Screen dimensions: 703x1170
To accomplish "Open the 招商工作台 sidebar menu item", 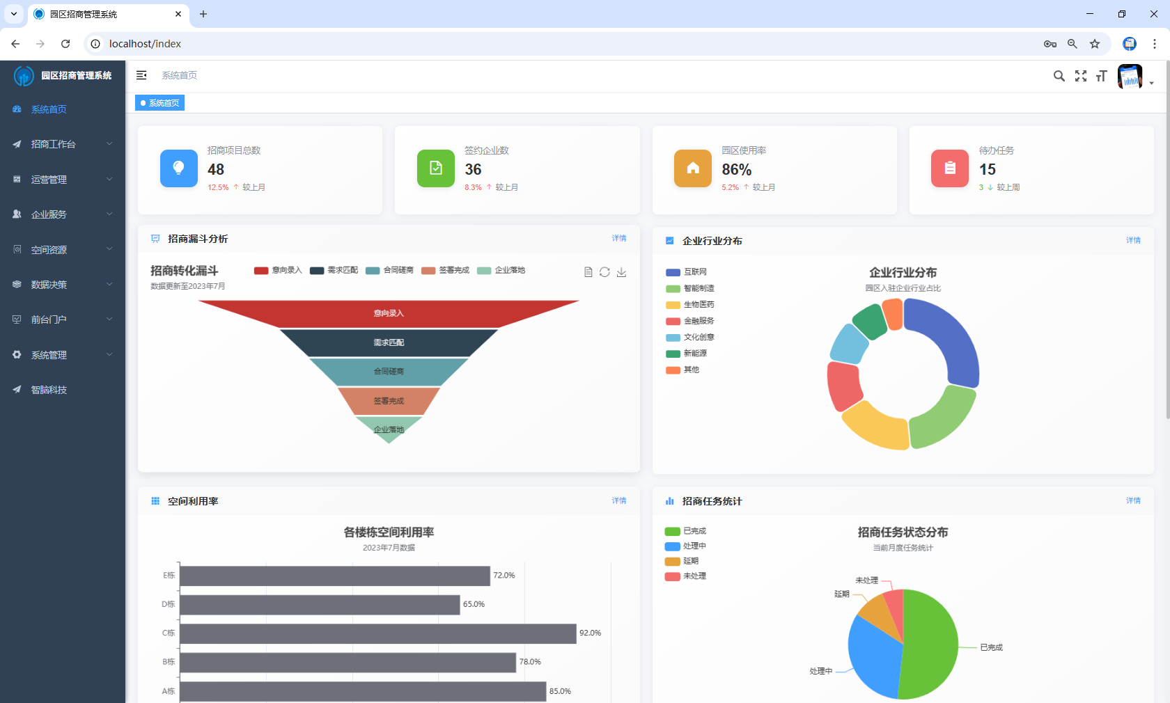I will click(x=54, y=144).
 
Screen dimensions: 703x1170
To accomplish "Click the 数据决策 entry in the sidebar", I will click(x=49, y=285).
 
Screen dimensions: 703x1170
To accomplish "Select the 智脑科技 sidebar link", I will click(x=49, y=390).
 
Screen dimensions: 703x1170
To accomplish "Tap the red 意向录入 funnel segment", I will click(x=389, y=313).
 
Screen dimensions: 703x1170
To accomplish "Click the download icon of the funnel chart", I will click(x=621, y=272).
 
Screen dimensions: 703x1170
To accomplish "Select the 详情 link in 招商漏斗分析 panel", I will click(x=619, y=238).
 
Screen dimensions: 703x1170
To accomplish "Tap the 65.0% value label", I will click(x=474, y=604).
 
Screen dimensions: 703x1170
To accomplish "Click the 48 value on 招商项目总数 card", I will click(x=216, y=170).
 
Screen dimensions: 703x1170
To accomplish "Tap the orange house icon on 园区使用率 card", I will click(x=693, y=168).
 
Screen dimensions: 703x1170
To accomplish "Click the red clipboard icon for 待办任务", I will click(x=950, y=168).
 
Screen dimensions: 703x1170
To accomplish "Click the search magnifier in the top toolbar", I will click(x=1059, y=76).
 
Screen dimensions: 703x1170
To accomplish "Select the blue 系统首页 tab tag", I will click(x=160, y=103).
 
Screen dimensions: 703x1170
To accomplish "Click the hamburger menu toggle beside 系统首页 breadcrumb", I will click(x=141, y=75).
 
